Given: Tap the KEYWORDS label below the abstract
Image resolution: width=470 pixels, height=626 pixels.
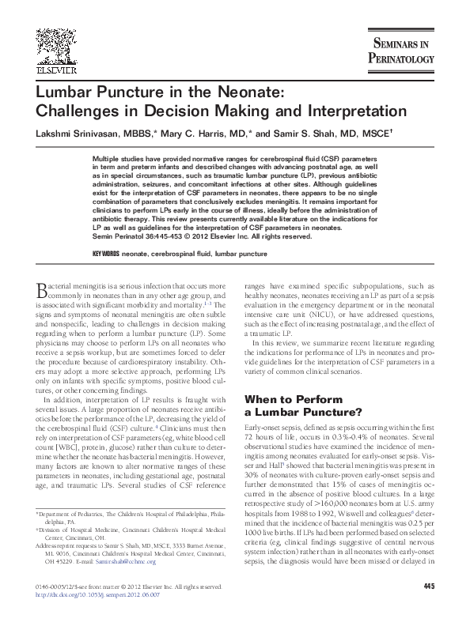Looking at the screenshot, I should tap(105, 253).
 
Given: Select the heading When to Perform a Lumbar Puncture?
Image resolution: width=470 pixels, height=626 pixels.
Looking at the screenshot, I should tap(304, 405).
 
